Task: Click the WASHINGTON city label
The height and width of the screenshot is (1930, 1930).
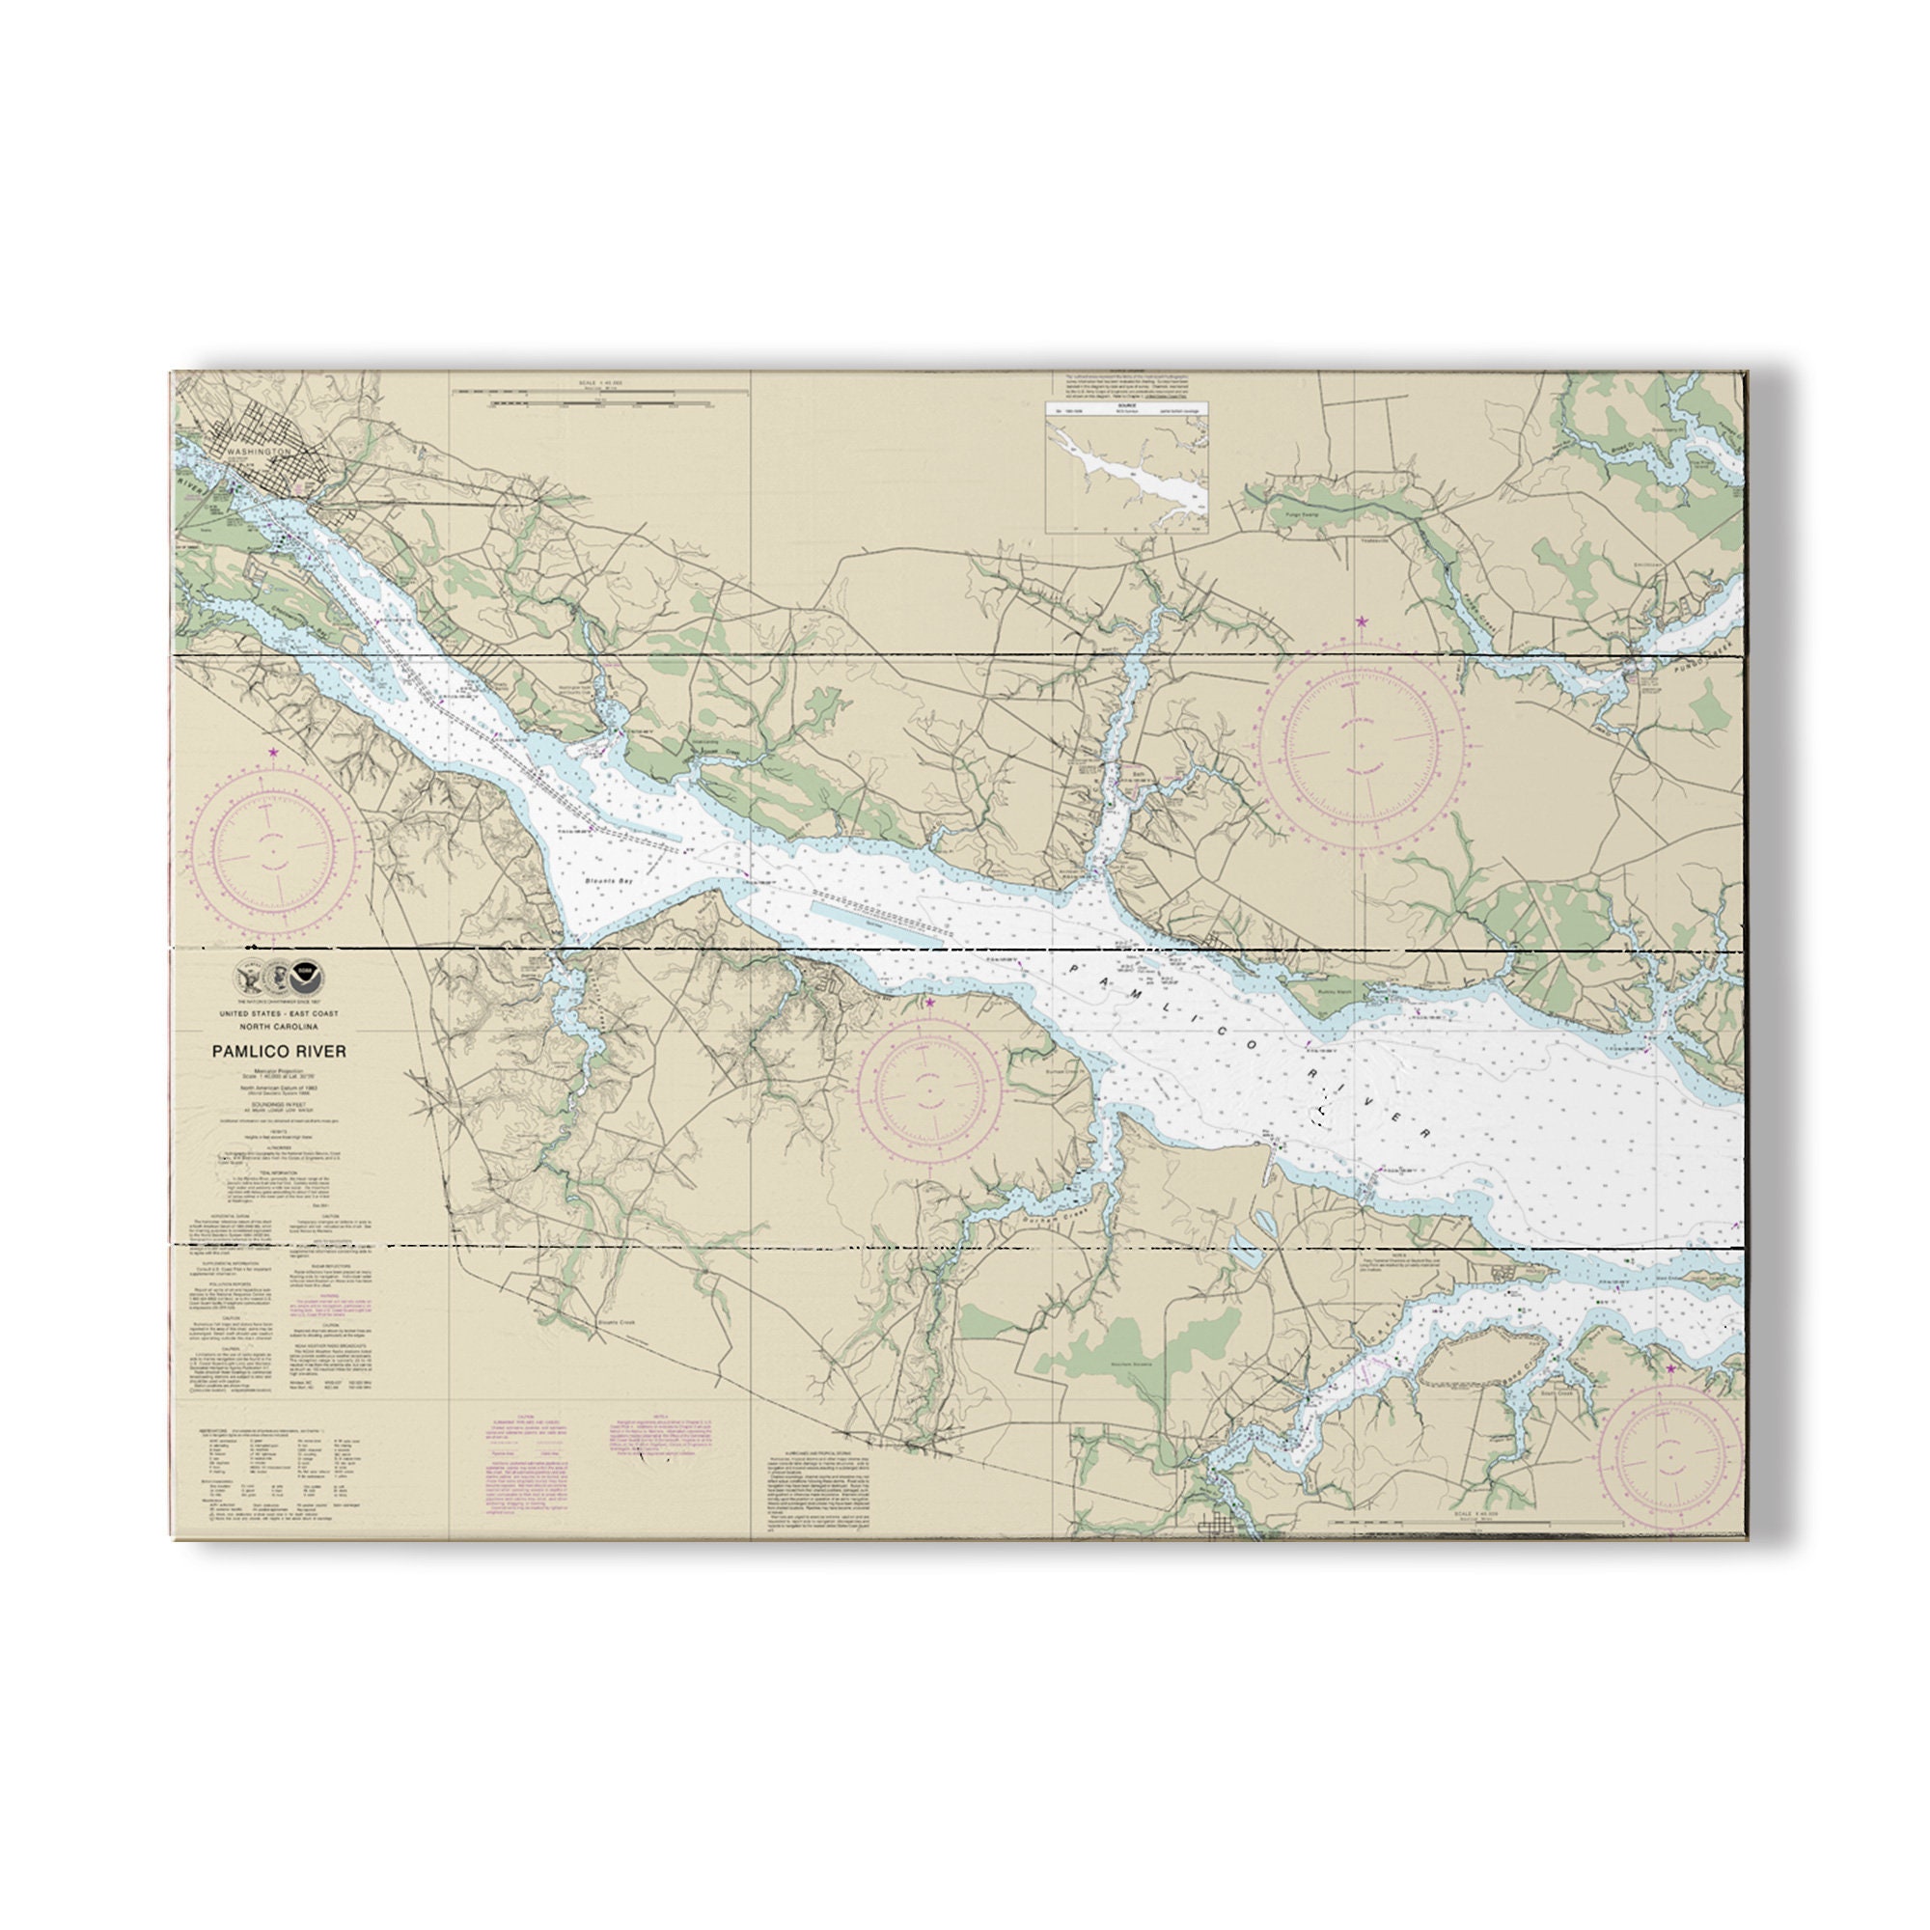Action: tap(258, 453)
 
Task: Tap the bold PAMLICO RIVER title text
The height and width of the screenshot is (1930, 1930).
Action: tap(279, 1051)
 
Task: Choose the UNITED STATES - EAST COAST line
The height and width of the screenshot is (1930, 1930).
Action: tap(279, 1014)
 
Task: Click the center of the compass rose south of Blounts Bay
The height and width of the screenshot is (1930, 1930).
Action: tap(930, 1086)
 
